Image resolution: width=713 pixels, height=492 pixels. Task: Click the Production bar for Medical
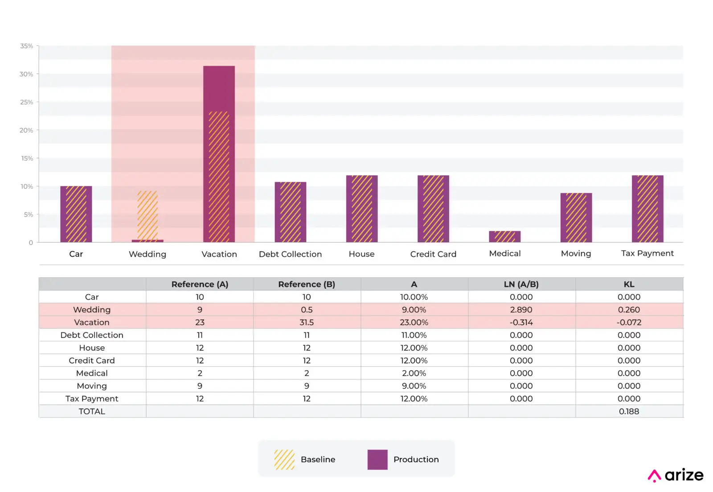pos(504,237)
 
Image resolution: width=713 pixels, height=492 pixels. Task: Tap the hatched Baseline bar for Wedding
pos(148,215)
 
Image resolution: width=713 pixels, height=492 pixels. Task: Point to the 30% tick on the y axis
pos(26,74)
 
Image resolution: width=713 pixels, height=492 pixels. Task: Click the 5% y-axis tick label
pos(28,214)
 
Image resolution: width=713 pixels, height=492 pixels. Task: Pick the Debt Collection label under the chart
pos(290,254)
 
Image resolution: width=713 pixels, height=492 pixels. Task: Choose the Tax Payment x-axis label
pos(647,253)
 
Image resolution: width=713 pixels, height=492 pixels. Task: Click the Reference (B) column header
pos(307,284)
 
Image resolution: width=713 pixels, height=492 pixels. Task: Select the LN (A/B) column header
pos(521,284)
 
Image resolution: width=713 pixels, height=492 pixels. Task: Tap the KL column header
pos(629,284)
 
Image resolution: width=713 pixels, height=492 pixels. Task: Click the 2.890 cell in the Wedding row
pos(521,309)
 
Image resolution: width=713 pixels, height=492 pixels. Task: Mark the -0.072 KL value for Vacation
pos(629,322)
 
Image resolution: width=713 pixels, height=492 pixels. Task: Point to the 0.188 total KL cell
pos(629,411)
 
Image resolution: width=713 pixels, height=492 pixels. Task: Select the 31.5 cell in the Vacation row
pos(307,322)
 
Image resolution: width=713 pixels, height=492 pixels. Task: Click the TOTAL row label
pos(92,411)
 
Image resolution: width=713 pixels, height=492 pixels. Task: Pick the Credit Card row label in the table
pos(92,361)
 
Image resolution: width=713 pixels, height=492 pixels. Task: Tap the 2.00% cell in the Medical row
pos(414,373)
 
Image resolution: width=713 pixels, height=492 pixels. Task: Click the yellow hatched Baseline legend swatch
pos(284,459)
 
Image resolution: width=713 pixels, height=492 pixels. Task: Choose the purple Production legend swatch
pos(377,459)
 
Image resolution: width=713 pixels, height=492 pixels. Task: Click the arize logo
pos(676,476)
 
